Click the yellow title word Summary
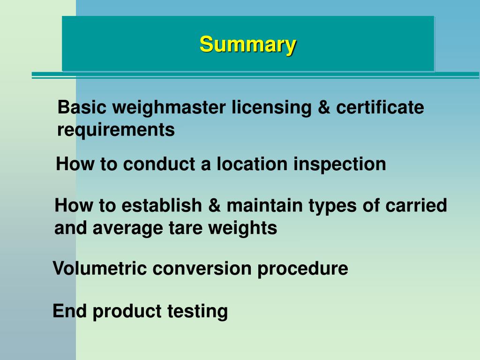point(247,45)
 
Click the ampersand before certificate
point(323,108)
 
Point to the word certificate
point(380,108)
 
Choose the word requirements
point(116,130)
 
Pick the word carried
point(417,205)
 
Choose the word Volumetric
point(99,269)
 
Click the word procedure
point(302,269)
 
